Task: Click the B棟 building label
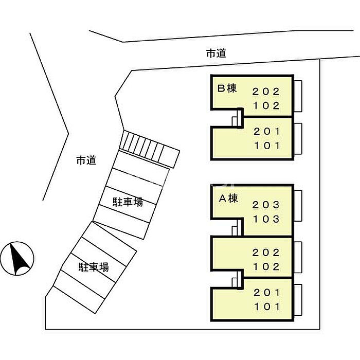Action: coord(227,88)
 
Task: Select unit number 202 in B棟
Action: coord(266,92)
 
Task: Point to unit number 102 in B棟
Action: coord(266,106)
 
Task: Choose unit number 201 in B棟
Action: coord(266,132)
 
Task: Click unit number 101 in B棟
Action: coord(266,146)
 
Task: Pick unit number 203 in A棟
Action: coord(266,205)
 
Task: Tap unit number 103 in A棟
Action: coord(266,219)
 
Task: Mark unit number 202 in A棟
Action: coord(266,253)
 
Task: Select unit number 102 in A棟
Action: coord(266,266)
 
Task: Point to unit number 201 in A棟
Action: coord(266,293)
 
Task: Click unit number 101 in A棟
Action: coord(266,307)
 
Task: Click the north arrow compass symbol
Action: coord(17,258)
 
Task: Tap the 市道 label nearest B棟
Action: coord(216,53)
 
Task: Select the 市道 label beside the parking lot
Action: coord(86,160)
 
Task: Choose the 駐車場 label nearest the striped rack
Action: coord(128,202)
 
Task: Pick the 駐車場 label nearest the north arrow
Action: coord(93,267)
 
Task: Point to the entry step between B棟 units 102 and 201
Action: coord(236,119)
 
